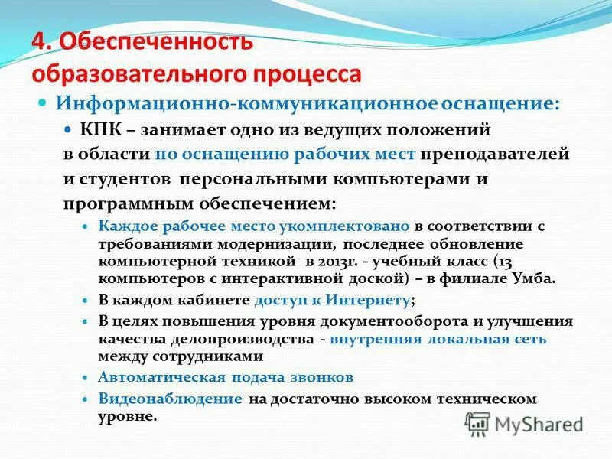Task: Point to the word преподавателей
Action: tap(483, 154)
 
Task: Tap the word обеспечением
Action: tap(269, 204)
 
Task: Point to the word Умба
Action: tap(533, 278)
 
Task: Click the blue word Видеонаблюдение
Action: tap(171, 399)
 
